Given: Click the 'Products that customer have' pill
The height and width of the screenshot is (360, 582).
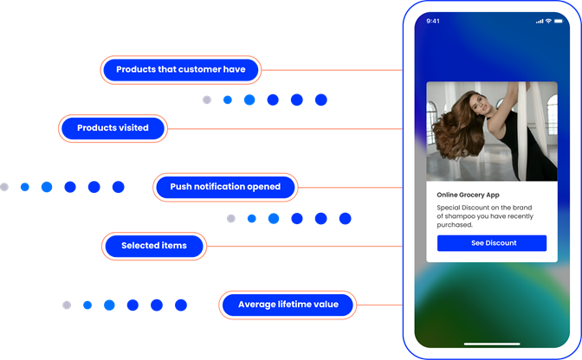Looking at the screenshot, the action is click(181, 70).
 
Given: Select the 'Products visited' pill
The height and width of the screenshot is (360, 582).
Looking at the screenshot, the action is click(113, 128).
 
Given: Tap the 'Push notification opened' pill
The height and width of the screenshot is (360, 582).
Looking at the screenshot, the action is click(225, 187).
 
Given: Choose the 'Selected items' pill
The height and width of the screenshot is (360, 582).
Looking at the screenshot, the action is click(154, 246).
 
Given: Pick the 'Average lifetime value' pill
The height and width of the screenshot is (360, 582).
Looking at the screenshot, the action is click(288, 305).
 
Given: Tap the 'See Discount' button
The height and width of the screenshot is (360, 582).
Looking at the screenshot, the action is click(492, 243).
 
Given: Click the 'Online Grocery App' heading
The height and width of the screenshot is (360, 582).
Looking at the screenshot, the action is click(468, 195).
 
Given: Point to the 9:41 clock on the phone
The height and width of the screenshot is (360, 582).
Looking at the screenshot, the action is click(433, 21).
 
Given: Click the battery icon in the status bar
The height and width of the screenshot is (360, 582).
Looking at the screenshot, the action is click(559, 21).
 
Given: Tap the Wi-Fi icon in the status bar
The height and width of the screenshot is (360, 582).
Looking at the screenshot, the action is click(548, 21).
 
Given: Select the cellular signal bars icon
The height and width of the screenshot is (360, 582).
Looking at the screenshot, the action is click(540, 22).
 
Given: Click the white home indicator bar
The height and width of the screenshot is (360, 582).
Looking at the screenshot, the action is click(492, 344).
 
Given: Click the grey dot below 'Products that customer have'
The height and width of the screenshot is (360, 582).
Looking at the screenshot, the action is click(207, 100).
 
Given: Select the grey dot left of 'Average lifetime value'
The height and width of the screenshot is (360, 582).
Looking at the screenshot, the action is click(67, 305).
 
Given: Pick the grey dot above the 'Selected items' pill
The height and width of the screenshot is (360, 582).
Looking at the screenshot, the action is click(231, 219).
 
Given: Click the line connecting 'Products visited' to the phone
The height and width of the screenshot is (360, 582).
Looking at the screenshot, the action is click(285, 129).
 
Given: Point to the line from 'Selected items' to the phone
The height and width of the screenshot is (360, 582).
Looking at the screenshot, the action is click(305, 246).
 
